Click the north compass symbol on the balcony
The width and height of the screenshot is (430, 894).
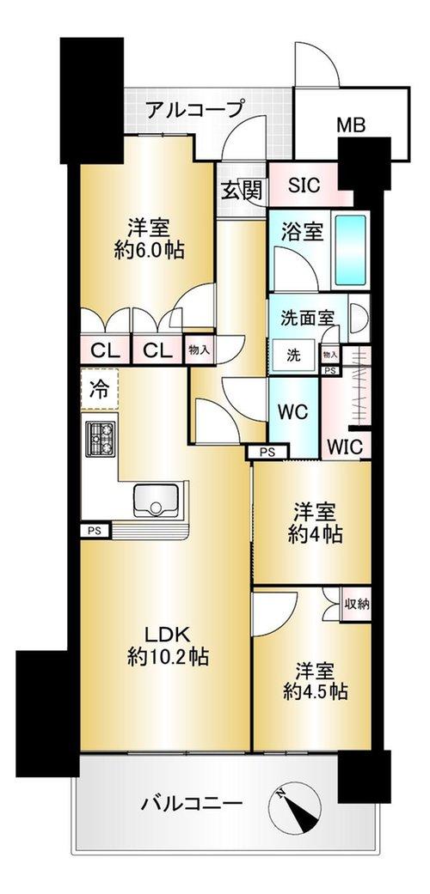295,806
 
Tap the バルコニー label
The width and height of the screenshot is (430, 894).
192,805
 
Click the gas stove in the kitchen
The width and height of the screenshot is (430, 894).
101,438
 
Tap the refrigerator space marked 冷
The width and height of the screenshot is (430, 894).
100,389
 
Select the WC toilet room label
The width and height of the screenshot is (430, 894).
293,412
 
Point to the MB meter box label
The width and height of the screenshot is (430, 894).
350,125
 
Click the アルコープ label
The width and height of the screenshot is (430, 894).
195,109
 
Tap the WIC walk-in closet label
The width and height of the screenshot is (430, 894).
346,447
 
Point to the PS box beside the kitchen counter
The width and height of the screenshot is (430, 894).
95,531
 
